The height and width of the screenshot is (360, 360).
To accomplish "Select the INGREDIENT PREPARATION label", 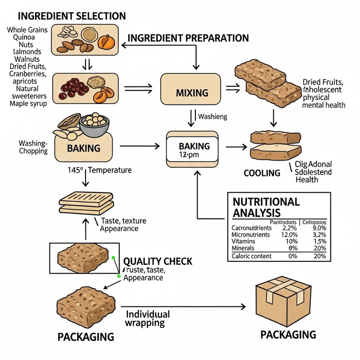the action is [x=188, y=38].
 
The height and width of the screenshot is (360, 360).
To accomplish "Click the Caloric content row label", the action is [x=252, y=256].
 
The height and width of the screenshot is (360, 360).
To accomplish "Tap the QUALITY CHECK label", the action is [x=157, y=261].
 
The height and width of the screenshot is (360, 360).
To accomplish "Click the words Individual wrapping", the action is [x=148, y=318].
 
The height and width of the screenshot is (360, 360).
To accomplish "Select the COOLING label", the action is [x=262, y=173].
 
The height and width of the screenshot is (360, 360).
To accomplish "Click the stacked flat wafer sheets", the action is [x=85, y=202].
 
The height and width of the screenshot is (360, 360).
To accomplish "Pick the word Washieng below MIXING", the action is [x=213, y=117].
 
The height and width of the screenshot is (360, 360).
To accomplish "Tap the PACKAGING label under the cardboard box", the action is [x=288, y=334].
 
